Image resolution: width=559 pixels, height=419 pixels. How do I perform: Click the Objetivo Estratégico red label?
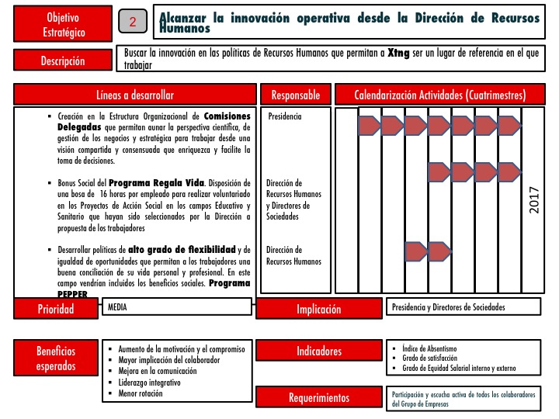click(62, 25)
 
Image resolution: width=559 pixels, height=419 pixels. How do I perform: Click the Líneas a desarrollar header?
click(135, 95)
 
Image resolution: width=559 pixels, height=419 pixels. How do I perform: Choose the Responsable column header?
click(295, 95)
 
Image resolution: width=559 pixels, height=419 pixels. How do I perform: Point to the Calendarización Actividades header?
click(440, 95)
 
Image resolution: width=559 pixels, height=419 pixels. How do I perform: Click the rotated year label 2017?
click(533, 200)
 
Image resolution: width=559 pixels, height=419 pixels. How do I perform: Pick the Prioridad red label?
click(57, 309)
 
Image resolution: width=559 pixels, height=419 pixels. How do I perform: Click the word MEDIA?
click(117, 307)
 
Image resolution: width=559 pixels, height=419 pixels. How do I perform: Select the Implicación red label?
click(318, 309)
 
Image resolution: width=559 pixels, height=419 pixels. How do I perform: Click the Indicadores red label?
click(318, 351)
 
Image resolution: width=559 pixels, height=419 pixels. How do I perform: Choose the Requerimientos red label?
click(318, 397)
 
